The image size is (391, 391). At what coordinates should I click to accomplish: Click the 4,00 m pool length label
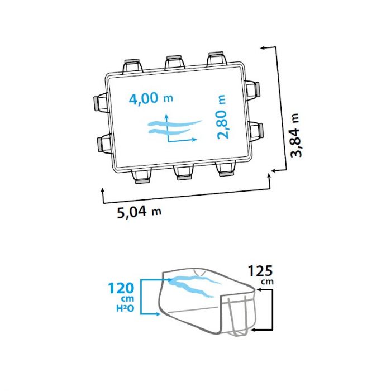[x=151, y=98]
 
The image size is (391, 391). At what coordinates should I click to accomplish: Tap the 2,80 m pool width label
[x=222, y=117]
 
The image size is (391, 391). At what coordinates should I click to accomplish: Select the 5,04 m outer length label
[x=139, y=212]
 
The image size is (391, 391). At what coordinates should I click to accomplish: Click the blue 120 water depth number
[x=121, y=289]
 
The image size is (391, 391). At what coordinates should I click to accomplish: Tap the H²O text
[x=125, y=308]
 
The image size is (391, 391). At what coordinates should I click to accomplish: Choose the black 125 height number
[x=260, y=271]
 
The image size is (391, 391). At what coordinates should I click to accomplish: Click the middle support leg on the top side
[x=174, y=63]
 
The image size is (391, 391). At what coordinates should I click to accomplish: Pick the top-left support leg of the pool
[x=133, y=66]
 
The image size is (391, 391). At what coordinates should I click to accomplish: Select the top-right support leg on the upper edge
[x=217, y=59]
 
